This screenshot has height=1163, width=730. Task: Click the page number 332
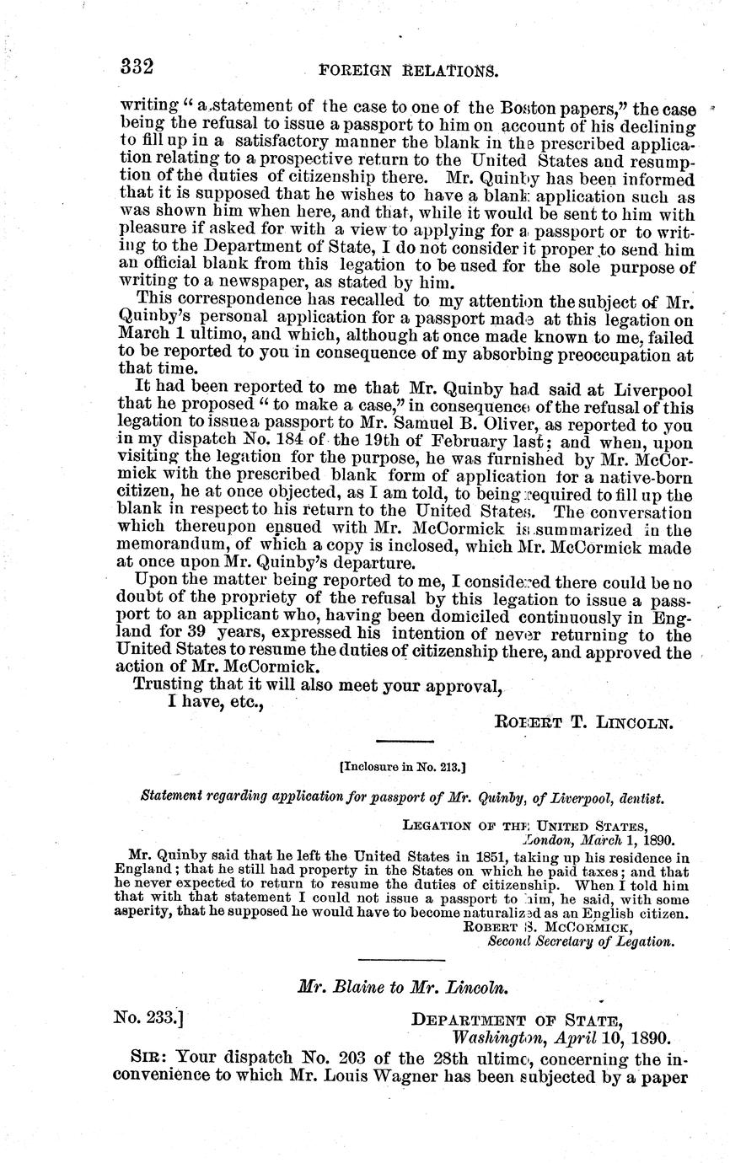pos(136,65)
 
